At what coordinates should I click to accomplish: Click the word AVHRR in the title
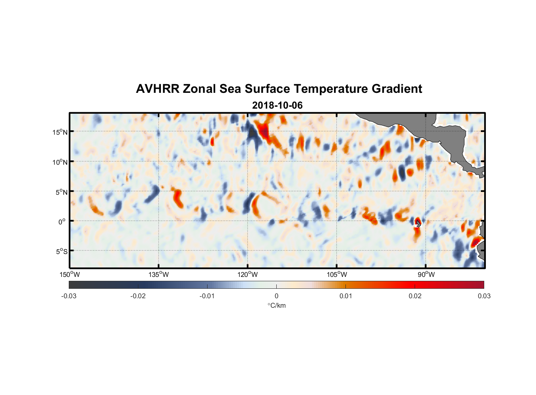[x=157, y=89]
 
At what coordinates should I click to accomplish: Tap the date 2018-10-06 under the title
[x=277, y=105]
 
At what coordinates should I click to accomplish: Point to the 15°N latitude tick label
[x=60, y=132]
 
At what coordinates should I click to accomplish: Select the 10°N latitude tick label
[x=60, y=162]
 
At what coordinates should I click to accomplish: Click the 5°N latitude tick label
[x=61, y=192]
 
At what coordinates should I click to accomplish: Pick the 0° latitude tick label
[x=62, y=222]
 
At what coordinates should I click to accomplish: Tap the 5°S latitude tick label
[x=61, y=252]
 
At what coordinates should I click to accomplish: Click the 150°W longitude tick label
[x=70, y=275]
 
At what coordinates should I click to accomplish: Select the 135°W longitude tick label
[x=159, y=275]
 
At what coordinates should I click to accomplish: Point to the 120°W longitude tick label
[x=248, y=275]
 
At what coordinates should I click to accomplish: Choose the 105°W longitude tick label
[x=337, y=275]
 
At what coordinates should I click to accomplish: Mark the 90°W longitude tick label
[x=426, y=275]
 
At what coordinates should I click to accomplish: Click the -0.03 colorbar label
[x=69, y=296]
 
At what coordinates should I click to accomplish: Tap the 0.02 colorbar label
[x=415, y=296]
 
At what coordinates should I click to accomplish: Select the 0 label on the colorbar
[x=276, y=296]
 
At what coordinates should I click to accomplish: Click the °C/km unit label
[x=276, y=305]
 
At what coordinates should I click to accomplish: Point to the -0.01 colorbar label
[x=207, y=296]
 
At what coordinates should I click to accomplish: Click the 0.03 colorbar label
[x=484, y=296]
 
